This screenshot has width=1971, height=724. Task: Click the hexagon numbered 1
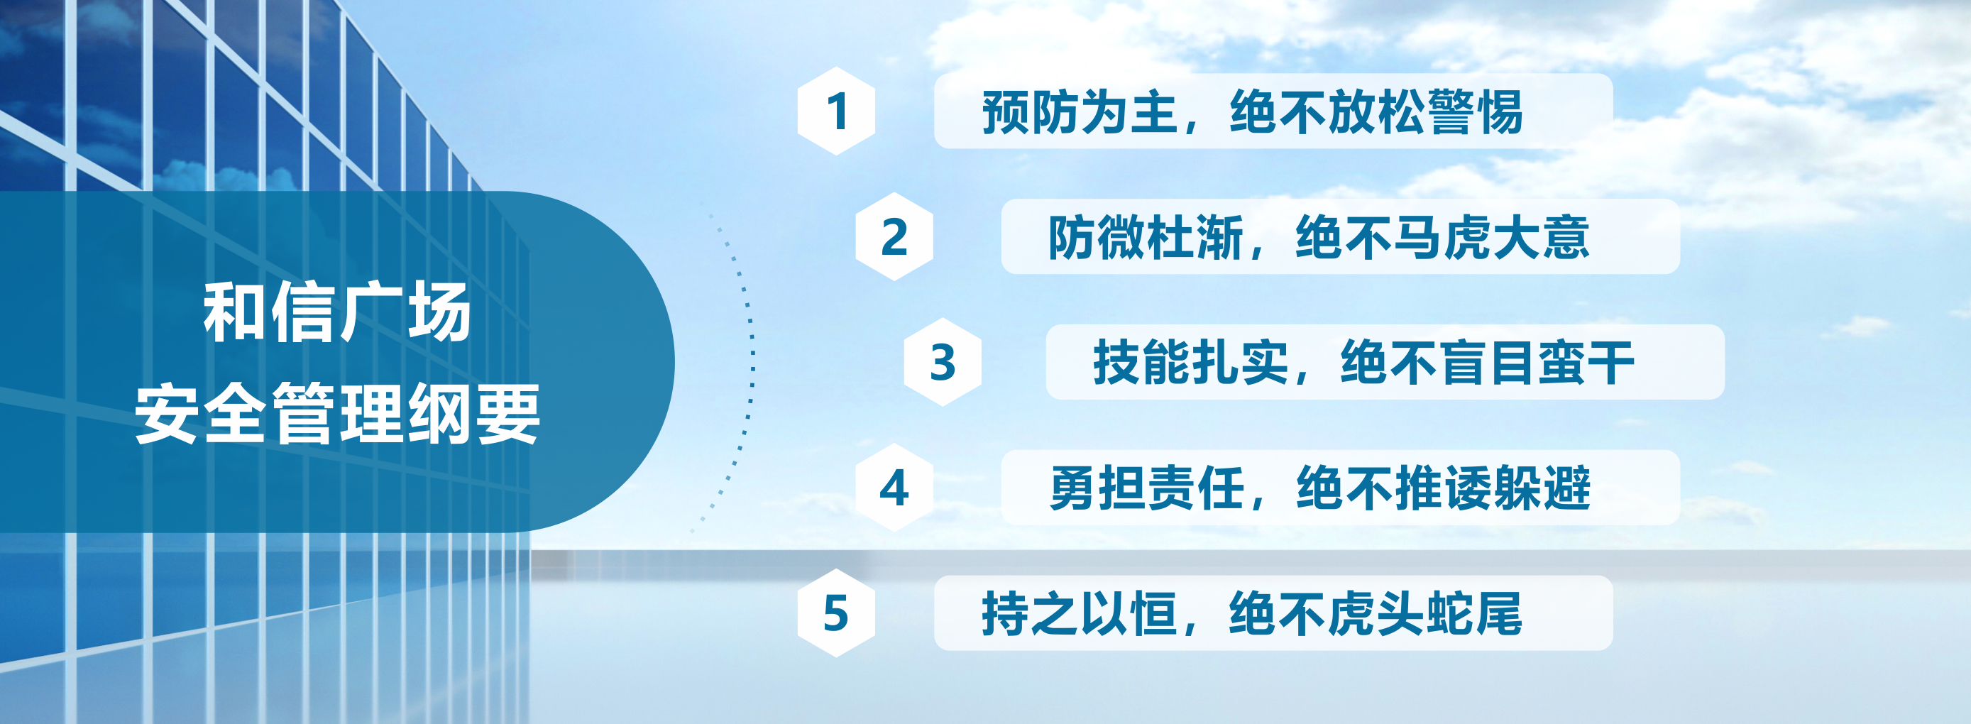[836, 111]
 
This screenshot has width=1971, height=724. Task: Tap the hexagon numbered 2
[894, 236]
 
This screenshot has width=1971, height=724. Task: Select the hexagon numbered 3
[943, 362]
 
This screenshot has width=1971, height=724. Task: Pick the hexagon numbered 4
[894, 488]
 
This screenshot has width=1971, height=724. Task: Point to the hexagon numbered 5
[836, 613]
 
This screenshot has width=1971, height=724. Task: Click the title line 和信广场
[337, 312]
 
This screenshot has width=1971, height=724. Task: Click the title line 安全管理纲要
[337, 413]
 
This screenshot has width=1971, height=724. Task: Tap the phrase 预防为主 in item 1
[1080, 111]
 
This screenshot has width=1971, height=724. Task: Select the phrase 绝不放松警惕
[1376, 111]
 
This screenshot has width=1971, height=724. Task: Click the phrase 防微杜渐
[1146, 237]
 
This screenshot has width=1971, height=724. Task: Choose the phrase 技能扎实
[1191, 363]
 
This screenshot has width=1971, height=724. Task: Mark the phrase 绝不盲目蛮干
[1488, 363]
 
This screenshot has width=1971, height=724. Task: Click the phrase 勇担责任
[1147, 488]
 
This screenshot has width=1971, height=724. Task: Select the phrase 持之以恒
[1080, 614]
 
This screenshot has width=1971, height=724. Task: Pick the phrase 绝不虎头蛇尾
[1376, 614]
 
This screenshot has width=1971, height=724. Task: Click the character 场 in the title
[439, 312]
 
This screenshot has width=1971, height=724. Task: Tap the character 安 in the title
[168, 413]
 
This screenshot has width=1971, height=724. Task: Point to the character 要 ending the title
[508, 413]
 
